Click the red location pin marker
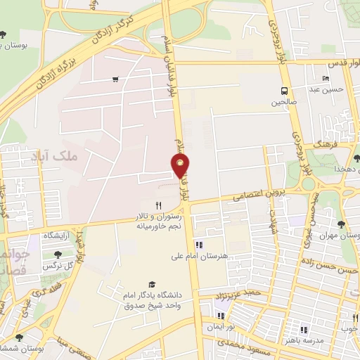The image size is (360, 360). tap(181, 166)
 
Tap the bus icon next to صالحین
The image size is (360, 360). tap(284, 90)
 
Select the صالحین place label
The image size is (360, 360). tap(284, 102)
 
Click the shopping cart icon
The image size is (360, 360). tap(115, 79)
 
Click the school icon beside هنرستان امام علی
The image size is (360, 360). tap(198, 245)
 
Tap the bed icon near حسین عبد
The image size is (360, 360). tap(325, 78)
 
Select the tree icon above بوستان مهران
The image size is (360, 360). tap(341, 224)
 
